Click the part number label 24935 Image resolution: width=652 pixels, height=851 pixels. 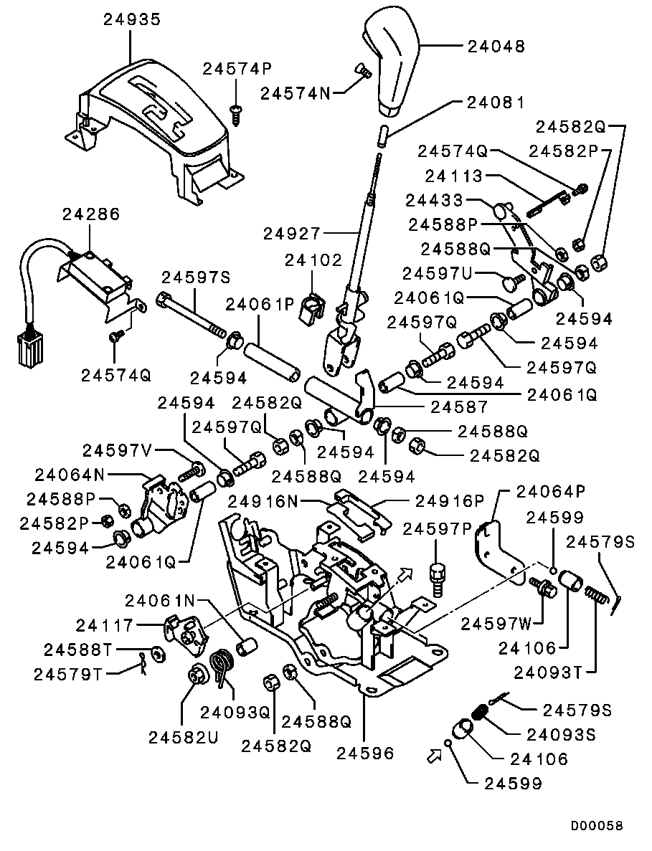pos(133,19)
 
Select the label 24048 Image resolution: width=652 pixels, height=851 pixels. pos(496,47)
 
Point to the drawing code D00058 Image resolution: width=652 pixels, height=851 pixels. pos(596,825)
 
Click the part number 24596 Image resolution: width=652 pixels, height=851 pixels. pos(365,753)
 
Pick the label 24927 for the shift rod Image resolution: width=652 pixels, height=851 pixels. pos(292,234)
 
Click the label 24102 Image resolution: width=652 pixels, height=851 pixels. pos(313,260)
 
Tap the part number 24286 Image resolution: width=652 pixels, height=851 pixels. pos(90,214)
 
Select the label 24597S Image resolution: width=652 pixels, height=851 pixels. pos(196,278)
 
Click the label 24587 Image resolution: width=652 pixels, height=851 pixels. pos(459,407)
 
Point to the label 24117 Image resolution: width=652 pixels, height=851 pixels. pos(104,626)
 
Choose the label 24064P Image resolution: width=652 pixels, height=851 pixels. pos(550,492)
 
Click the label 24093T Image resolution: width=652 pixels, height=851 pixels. pos(548,673)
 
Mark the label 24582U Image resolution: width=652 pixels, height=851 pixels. pos(183,738)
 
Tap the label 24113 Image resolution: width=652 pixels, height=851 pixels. pos(454,176)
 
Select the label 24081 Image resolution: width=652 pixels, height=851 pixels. pos(496,103)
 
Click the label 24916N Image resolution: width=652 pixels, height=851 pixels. pos(263,501)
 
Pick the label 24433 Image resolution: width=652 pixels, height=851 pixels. pos(434,200)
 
